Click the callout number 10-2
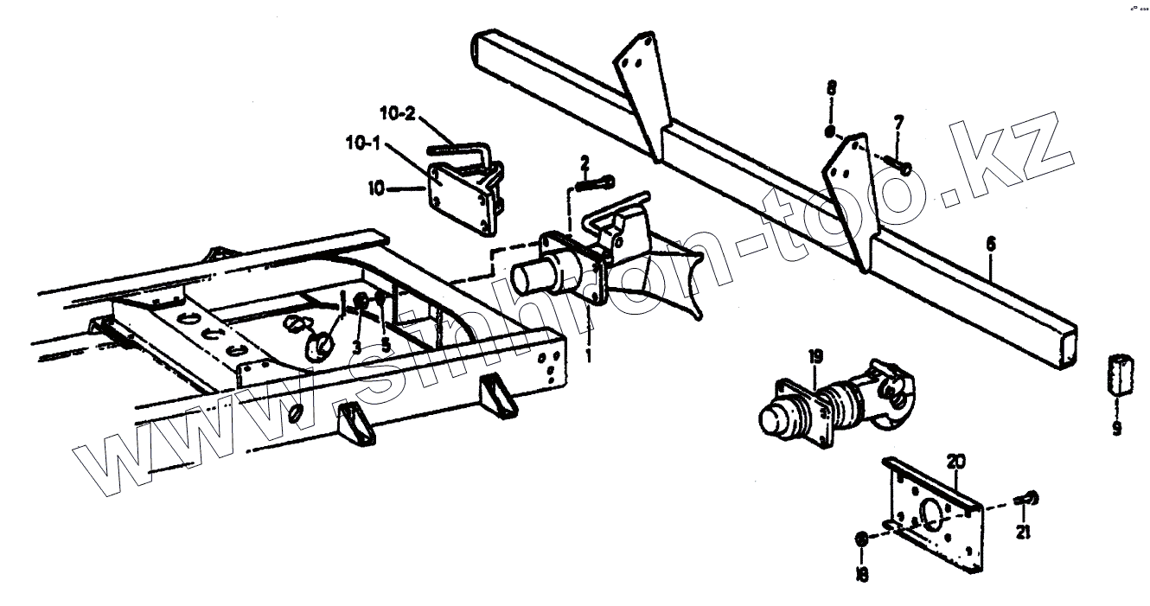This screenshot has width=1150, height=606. click(399, 112)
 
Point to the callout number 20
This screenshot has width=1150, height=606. click(955, 461)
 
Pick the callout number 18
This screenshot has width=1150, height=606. click(862, 573)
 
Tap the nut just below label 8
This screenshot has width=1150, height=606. click(830, 133)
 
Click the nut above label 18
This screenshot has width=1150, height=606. click(861, 540)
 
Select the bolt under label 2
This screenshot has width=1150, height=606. click(594, 182)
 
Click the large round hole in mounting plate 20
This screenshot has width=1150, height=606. click(932, 514)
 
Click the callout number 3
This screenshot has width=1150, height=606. click(356, 348)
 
